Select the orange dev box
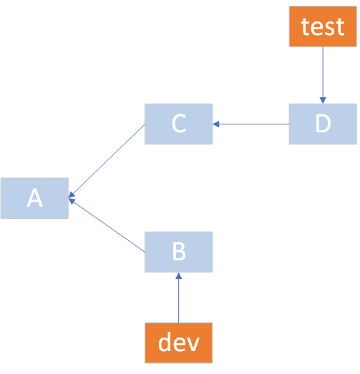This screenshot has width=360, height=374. pos(178,343)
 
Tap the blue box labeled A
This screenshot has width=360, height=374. pos(34,198)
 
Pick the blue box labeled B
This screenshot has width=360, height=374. pos(179,252)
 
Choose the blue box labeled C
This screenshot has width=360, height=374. pos(179,124)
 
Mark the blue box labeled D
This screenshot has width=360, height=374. pos(323,124)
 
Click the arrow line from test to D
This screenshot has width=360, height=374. pos(323,72)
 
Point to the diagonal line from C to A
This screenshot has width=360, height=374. pos(107,160)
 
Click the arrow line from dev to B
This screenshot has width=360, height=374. pos(179,300)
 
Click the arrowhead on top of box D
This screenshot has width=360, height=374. pos(323,100)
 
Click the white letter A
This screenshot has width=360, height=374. pos(34,198)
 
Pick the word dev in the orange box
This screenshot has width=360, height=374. pos(178,343)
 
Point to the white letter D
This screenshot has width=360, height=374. pos(323,124)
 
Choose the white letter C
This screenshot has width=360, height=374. pos(179,124)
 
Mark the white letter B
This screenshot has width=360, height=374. pos(179,252)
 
